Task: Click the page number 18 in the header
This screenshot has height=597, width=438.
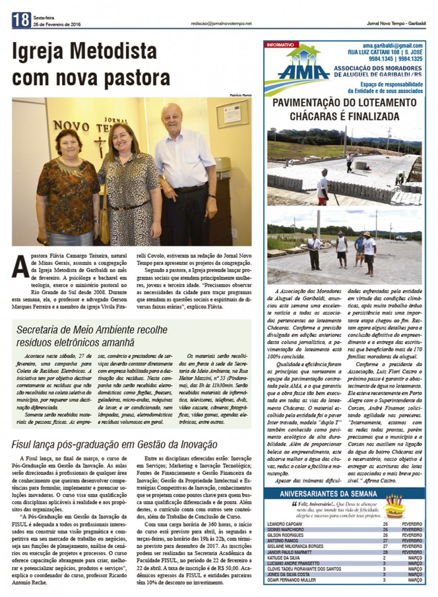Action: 21,20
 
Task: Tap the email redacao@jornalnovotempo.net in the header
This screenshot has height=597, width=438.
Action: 221,24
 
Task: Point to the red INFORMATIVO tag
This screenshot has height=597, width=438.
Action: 280,45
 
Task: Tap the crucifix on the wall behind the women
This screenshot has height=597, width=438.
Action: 100,145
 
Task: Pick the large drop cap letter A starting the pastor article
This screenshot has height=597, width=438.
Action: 21,266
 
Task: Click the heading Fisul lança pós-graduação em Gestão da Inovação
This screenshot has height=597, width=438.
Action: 114,444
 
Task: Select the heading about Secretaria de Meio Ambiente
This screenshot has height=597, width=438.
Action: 92,336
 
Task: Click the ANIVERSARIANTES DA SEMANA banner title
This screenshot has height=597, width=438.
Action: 328,494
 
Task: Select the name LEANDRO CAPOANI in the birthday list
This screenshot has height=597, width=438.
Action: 285,524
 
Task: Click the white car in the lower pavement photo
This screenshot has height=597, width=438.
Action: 401,238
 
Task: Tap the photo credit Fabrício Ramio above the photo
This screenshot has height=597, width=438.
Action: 240,95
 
